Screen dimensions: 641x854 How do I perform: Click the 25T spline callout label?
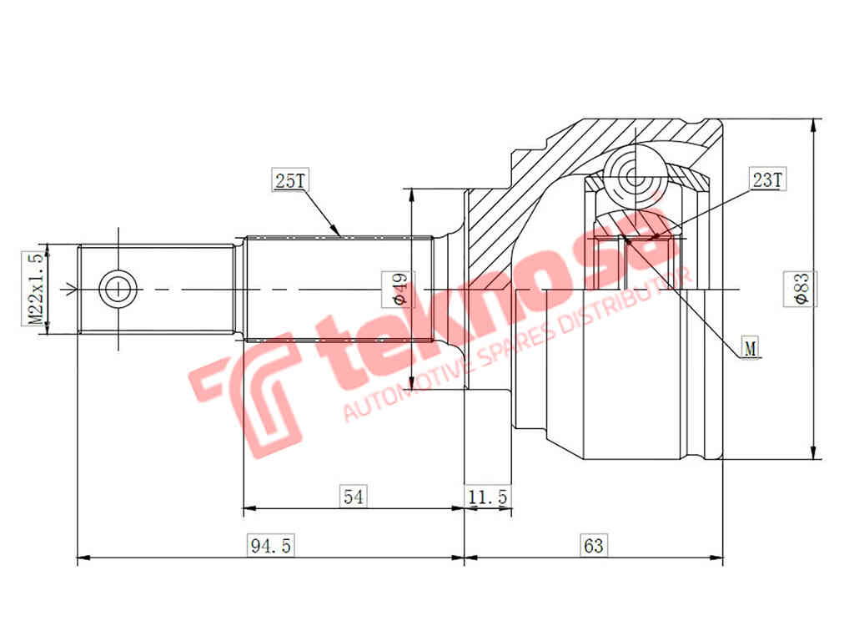(287, 180)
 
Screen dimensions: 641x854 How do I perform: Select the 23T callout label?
(766, 179)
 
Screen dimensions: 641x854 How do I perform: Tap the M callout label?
(751, 348)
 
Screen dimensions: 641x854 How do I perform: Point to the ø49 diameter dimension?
(398, 289)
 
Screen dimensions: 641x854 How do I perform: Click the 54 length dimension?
(354, 497)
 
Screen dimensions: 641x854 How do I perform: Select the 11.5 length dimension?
(488, 497)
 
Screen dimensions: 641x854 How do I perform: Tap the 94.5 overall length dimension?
(271, 547)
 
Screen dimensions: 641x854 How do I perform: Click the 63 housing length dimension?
(594, 547)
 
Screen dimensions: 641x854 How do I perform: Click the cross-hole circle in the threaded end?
(117, 290)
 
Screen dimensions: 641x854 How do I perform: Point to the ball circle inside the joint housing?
(635, 176)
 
